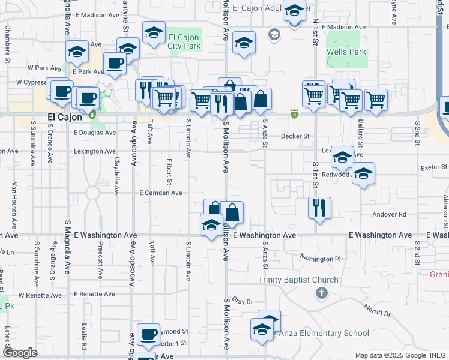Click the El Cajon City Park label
click(183, 41)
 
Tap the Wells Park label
click(346, 52)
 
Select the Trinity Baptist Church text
click(298, 280)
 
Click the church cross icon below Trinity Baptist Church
click(321, 293)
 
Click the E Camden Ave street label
click(160, 193)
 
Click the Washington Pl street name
click(319, 259)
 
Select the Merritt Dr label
click(376, 310)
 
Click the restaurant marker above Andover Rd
click(319, 208)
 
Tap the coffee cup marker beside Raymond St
click(148, 334)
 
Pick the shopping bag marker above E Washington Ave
click(232, 212)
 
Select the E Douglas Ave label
click(95, 133)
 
